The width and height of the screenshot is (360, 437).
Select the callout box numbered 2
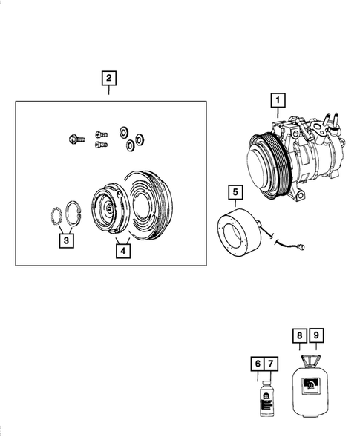109,78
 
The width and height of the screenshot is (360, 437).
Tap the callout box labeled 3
67,240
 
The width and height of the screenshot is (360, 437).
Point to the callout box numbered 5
235,194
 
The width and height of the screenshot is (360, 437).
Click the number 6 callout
257,364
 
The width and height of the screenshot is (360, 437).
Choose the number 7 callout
270,364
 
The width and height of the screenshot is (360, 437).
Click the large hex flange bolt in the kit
73,138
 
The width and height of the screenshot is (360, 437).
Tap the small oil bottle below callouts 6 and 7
264,401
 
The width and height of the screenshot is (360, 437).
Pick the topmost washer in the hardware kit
122,131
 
